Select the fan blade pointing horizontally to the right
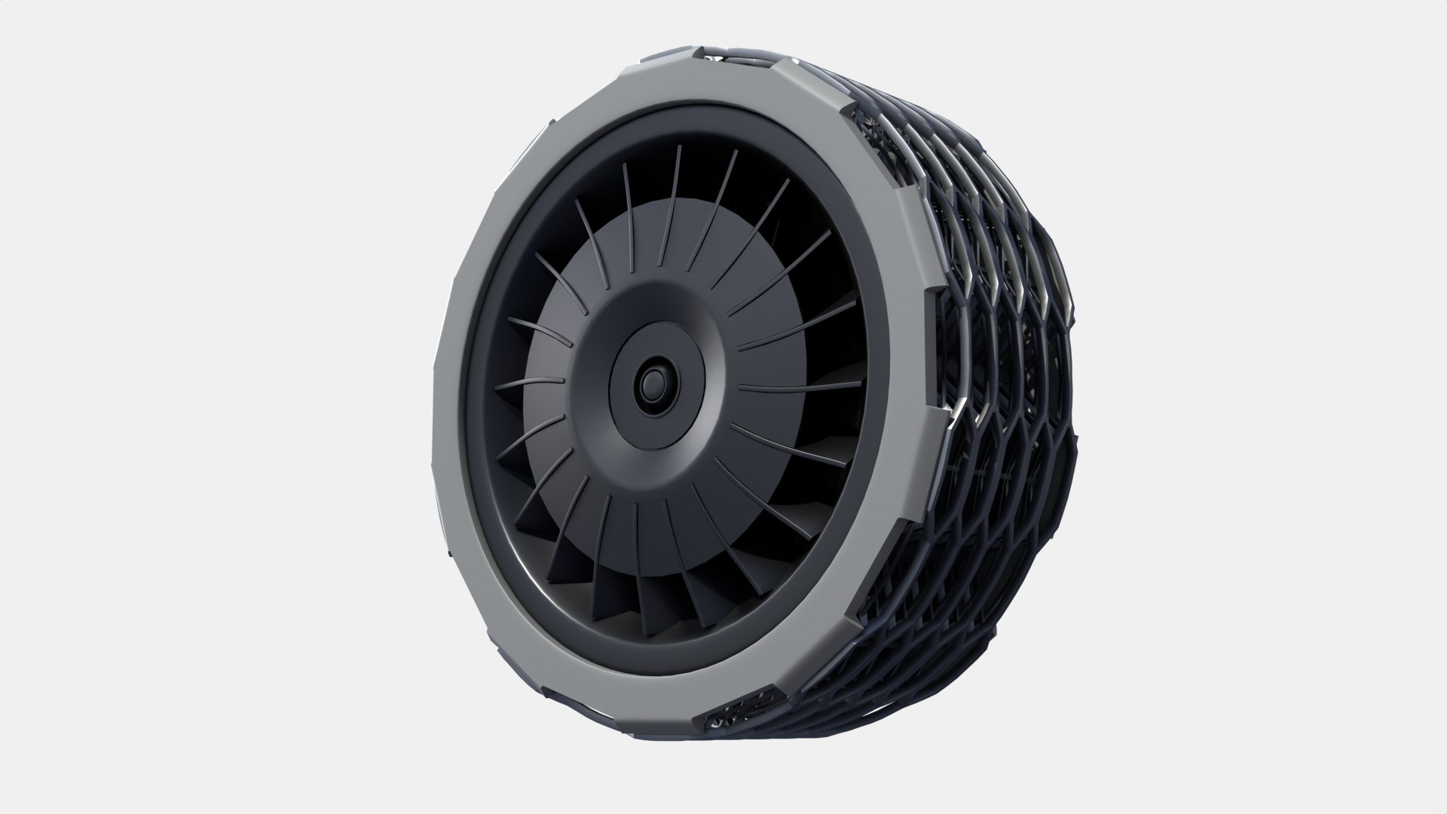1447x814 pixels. [799, 387]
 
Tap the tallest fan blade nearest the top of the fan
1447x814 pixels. [677, 188]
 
